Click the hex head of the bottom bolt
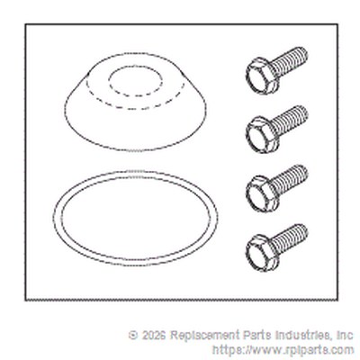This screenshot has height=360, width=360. (260, 252)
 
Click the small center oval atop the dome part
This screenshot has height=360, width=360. (135, 79)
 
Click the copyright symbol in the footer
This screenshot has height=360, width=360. (133, 335)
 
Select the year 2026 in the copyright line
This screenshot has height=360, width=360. (153, 335)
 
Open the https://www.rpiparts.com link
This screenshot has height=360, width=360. (283, 350)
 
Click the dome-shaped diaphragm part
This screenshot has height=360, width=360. (136, 102)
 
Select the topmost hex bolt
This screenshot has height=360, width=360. (277, 70)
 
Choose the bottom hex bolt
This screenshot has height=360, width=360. (277, 247)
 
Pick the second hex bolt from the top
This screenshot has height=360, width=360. (277, 129)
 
